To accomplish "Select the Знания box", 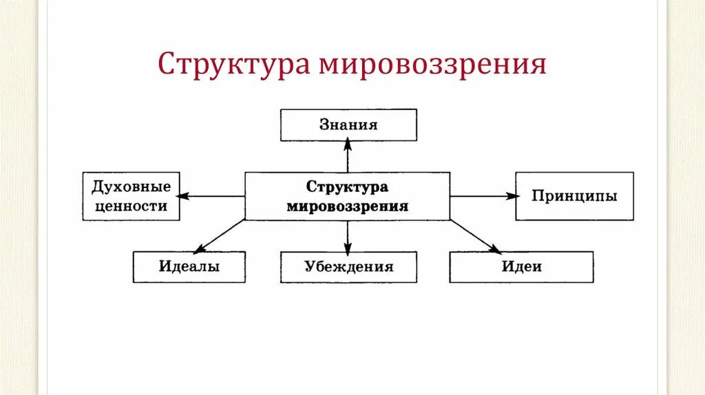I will coord(348,125).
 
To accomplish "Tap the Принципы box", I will coord(574,196).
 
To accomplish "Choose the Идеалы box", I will coord(189,267).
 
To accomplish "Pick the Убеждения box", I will coord(348,267).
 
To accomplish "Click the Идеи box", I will coord(521,267).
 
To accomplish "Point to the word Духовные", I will coord(131,186).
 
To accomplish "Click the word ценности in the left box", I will coord(131,205).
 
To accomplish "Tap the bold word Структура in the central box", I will coord(347,187).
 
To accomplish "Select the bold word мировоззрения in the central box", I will coord(347,206).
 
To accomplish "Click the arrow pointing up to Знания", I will coord(348,157).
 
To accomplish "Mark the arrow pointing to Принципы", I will coord(483,196).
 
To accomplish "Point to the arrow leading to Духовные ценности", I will coord(213,196).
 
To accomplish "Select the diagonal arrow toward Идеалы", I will coord(220,236).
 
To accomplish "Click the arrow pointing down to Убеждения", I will coord(348,236).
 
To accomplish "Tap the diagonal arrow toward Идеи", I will coord(476,236).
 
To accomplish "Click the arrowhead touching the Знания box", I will coord(348,143).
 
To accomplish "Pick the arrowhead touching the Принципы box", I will coord(512,196).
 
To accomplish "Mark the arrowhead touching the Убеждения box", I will coord(348,249).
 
